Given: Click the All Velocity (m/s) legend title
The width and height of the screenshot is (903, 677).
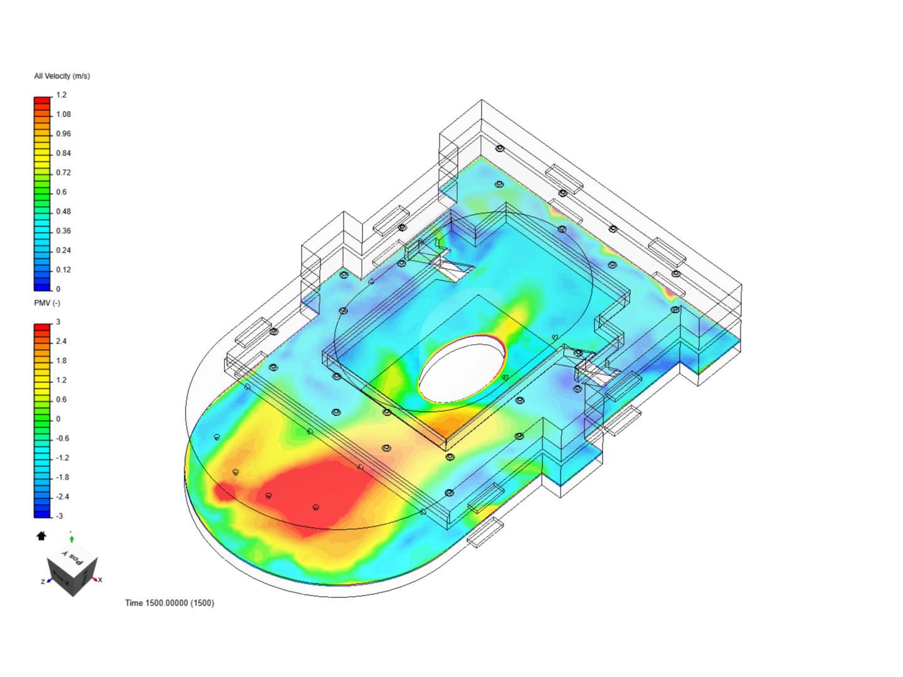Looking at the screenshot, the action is click(x=61, y=76).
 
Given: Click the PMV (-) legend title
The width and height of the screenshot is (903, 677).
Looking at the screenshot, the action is click(x=47, y=303).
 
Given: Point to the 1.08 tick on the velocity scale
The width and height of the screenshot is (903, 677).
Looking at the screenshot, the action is click(x=63, y=114).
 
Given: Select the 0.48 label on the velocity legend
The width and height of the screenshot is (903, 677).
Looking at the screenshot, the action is click(x=63, y=211).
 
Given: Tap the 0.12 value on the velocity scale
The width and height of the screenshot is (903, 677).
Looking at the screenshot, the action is click(x=63, y=270).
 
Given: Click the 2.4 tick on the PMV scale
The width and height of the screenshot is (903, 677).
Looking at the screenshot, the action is click(x=61, y=341).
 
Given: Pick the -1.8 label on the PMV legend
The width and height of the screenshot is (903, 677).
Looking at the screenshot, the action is click(x=63, y=477).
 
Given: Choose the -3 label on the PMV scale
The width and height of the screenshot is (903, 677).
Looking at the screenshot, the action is click(x=60, y=516).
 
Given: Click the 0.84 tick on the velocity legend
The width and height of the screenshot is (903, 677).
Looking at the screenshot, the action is click(x=63, y=153).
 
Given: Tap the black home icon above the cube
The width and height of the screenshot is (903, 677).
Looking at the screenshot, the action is click(x=41, y=536).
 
